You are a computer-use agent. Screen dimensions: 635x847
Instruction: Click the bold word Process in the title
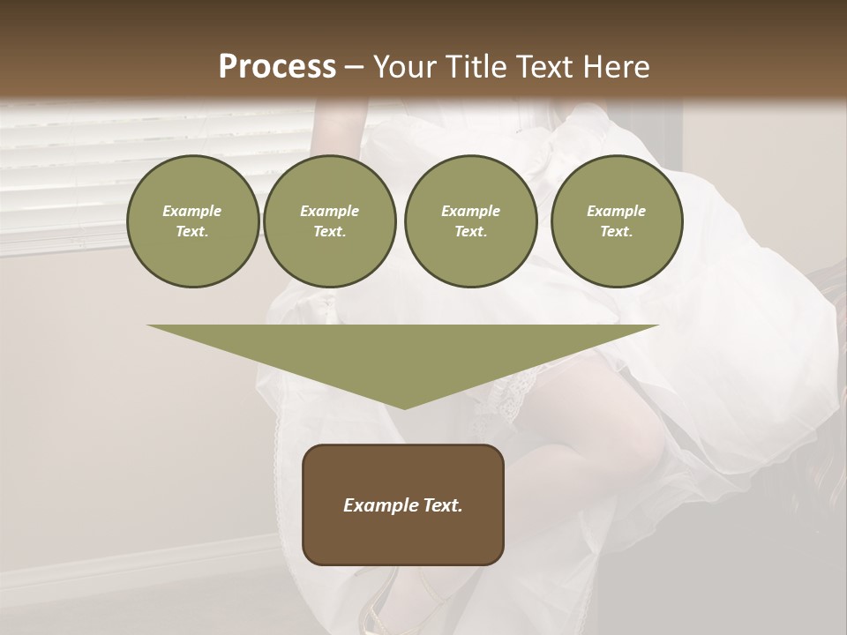[277, 67]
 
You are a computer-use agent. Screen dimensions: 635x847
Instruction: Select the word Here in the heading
[613, 67]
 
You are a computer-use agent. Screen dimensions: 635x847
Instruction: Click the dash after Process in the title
[355, 69]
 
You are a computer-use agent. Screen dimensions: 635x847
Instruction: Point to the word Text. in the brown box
[440, 505]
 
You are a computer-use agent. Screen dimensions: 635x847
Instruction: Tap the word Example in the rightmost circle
[616, 211]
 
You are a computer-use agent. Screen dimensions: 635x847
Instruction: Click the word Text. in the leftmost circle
[192, 232]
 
